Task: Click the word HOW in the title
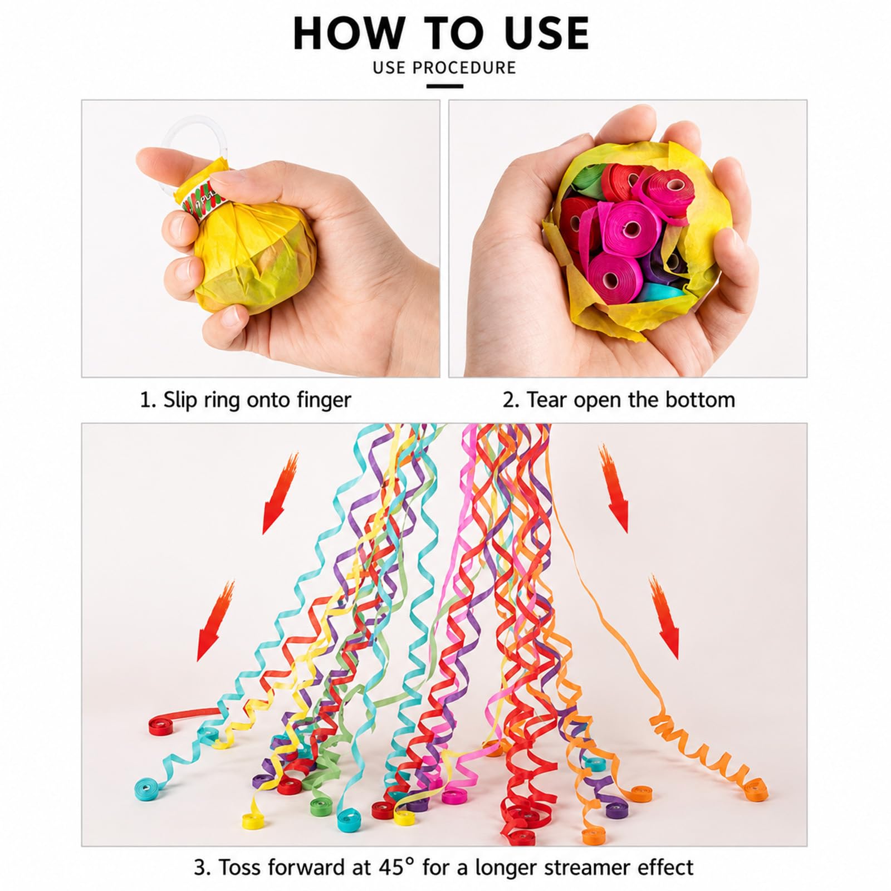click(347, 34)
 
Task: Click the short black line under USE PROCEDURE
click(445, 86)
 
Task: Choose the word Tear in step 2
click(548, 400)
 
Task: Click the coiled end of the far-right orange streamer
click(755, 787)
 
